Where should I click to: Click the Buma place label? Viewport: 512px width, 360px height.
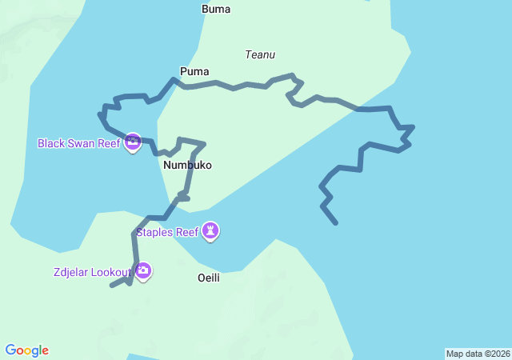(x=216, y=10)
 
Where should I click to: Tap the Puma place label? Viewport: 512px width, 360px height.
(x=194, y=71)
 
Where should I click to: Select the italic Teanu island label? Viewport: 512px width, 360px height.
(x=260, y=54)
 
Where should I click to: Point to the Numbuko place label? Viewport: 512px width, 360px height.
(x=187, y=165)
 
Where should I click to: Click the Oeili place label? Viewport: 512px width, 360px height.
(x=208, y=278)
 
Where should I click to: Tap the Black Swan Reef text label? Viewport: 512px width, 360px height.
(x=78, y=143)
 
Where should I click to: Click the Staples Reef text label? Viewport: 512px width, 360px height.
(x=166, y=233)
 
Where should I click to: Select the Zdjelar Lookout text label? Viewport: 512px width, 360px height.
(x=89, y=272)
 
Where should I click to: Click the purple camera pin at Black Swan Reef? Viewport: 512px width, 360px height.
(x=133, y=142)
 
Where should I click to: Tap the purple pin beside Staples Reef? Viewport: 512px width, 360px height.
(x=210, y=231)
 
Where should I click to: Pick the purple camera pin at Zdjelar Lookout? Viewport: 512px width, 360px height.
(x=143, y=271)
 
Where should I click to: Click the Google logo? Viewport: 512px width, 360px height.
(x=27, y=350)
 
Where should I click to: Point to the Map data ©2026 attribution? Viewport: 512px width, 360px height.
(x=478, y=354)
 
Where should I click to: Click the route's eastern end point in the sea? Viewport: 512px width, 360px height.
(x=336, y=223)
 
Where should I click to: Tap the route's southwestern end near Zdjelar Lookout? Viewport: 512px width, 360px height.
(x=111, y=286)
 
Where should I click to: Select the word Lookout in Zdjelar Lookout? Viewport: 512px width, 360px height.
(x=110, y=272)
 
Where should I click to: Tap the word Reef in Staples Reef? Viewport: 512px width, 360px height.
(x=186, y=233)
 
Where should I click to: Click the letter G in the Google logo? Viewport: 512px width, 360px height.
(x=10, y=350)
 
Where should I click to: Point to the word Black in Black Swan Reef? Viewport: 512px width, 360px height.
(x=52, y=143)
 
